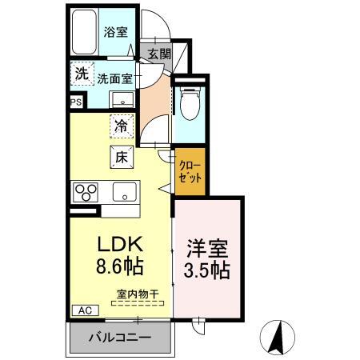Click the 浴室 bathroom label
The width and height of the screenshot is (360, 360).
(x=115, y=32)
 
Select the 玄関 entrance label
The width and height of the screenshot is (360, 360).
(x=159, y=54)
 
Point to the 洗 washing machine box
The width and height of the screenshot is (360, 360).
(x=81, y=73)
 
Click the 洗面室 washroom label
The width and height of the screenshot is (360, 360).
(x=115, y=78)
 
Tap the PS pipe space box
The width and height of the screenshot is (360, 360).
(x=76, y=102)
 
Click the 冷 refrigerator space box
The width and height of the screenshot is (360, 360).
(x=122, y=126)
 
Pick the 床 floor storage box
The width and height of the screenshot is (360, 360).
(x=122, y=157)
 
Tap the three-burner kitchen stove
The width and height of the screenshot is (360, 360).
(x=85, y=192)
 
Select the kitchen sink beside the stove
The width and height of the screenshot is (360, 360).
(x=124, y=192)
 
